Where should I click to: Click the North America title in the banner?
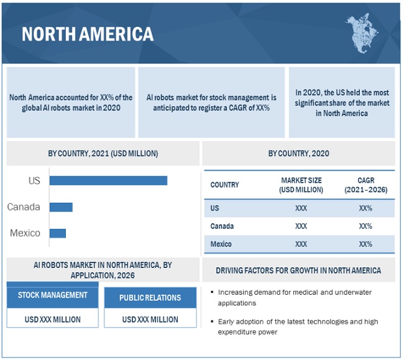87,34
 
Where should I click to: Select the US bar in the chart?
108,180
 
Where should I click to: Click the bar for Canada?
61,207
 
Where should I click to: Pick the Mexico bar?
58,233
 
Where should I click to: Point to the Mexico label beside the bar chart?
25,233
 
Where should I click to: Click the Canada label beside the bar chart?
24,207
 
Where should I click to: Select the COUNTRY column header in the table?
224,185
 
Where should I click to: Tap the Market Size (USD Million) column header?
301,185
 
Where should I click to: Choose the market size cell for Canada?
301,226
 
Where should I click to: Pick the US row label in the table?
215,208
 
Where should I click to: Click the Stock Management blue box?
53,295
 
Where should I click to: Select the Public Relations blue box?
150,298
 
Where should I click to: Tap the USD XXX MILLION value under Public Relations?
150,320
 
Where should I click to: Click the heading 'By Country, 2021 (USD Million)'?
103,154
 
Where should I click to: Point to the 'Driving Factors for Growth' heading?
298,270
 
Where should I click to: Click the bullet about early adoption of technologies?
298,326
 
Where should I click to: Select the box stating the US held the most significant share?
342,103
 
